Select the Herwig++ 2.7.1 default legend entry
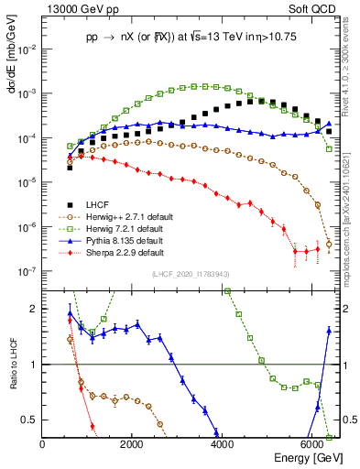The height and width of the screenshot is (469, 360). [x=115, y=216]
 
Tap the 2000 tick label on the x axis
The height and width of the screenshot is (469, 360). [x=133, y=445]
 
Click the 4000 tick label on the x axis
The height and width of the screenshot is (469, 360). [x=223, y=445]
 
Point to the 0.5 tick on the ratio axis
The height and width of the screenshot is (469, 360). [x=33, y=420]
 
